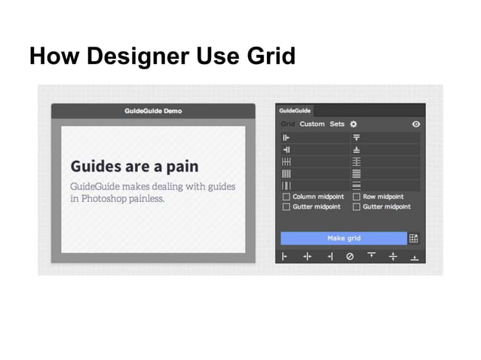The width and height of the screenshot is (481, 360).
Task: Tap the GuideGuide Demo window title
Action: pyautogui.click(x=153, y=111)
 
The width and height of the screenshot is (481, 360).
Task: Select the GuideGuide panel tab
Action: pyautogui.click(x=294, y=111)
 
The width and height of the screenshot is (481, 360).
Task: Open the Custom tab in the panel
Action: pyautogui.click(x=312, y=124)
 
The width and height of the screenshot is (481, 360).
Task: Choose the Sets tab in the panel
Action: pyautogui.click(x=337, y=124)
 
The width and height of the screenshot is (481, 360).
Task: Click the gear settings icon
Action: pyautogui.click(x=354, y=124)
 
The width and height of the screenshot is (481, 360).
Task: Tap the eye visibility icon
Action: pyautogui.click(x=415, y=124)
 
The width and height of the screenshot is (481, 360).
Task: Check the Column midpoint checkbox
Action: pyautogui.click(x=286, y=197)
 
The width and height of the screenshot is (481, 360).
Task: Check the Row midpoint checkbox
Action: pyautogui.click(x=357, y=197)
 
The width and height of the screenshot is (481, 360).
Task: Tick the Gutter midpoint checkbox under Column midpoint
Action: pyautogui.click(x=286, y=206)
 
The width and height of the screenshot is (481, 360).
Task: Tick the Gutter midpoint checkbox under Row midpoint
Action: pyautogui.click(x=357, y=206)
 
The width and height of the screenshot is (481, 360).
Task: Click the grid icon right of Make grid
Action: pyautogui.click(x=414, y=238)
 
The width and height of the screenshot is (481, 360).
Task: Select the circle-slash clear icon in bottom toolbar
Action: pyautogui.click(x=349, y=256)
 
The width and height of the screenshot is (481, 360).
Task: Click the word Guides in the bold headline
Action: pyautogui.click(x=95, y=166)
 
